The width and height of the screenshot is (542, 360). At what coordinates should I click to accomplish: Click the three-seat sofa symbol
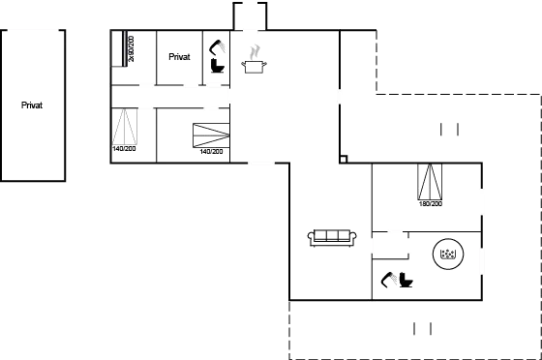click(332, 237)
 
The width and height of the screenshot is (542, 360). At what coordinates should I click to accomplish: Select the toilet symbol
click(217, 55)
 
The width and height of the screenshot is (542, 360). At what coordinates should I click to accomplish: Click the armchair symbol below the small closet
click(397, 281)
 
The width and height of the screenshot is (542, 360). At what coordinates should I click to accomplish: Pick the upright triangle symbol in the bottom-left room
click(126, 133)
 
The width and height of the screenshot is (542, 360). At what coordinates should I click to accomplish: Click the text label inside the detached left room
click(31, 105)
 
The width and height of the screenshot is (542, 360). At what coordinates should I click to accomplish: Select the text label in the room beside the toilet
click(179, 57)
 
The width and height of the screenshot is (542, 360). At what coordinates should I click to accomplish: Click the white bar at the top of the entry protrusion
click(250, 4)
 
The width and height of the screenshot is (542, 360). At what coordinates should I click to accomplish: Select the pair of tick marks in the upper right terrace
click(448, 129)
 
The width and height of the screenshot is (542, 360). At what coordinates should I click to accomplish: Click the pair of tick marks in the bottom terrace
click(422, 329)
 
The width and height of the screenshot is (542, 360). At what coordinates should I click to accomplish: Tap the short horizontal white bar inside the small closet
click(393, 231)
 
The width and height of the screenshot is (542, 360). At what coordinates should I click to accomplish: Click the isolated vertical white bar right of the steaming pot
click(339, 97)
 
